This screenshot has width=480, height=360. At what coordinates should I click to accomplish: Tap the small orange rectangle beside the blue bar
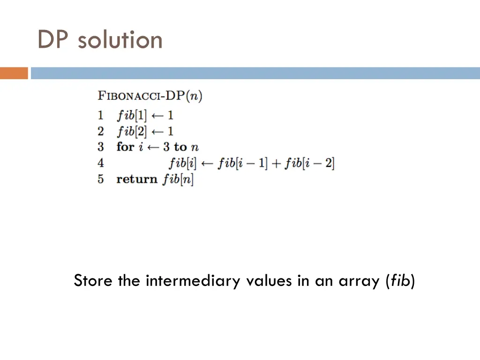pos(14,73)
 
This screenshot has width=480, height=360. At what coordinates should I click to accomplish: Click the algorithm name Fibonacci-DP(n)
pos(150,97)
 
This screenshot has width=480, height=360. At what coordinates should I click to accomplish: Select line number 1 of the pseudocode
pos(101,115)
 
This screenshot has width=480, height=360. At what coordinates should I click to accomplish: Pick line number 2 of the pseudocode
pos(101,131)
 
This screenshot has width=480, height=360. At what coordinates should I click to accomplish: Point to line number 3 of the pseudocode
pos(101,147)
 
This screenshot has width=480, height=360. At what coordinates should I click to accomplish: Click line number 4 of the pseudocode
pos(101,163)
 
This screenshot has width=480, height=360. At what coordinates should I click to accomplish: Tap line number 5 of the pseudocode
pos(101,179)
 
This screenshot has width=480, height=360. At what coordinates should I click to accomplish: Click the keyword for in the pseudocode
pos(125,147)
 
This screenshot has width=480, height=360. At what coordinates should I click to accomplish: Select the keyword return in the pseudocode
pos(137,179)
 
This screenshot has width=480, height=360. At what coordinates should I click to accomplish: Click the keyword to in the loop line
pos(180,147)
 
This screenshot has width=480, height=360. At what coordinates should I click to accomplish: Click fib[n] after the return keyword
pos(178,179)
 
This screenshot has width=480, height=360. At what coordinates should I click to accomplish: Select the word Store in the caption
pos(93,281)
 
